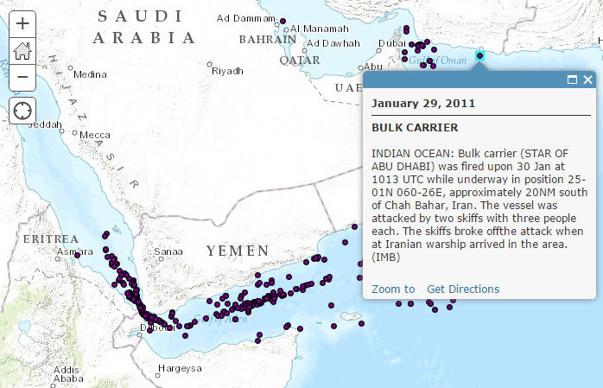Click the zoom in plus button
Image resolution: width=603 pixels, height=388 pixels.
(22, 23)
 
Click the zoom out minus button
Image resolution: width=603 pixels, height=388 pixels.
(22, 77)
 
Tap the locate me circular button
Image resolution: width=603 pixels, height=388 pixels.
(22, 111)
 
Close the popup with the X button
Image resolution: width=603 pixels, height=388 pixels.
(587, 80)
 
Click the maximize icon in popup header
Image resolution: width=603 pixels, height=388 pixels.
(572, 80)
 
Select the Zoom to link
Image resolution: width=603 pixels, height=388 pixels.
(393, 289)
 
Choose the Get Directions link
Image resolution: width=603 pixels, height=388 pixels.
(463, 289)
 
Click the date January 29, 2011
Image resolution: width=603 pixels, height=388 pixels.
(423, 103)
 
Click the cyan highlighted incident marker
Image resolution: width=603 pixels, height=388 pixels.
(479, 56)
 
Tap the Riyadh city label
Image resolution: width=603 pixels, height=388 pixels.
(228, 70)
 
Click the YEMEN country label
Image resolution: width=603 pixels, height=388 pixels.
(237, 251)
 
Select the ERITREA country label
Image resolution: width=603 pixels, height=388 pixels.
(50, 238)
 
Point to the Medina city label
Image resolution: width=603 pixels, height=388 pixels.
(90, 74)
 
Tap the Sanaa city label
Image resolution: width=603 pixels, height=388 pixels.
(168, 252)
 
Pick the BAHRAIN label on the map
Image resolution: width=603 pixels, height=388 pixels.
(267, 40)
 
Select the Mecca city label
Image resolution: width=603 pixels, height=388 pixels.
(95, 135)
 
